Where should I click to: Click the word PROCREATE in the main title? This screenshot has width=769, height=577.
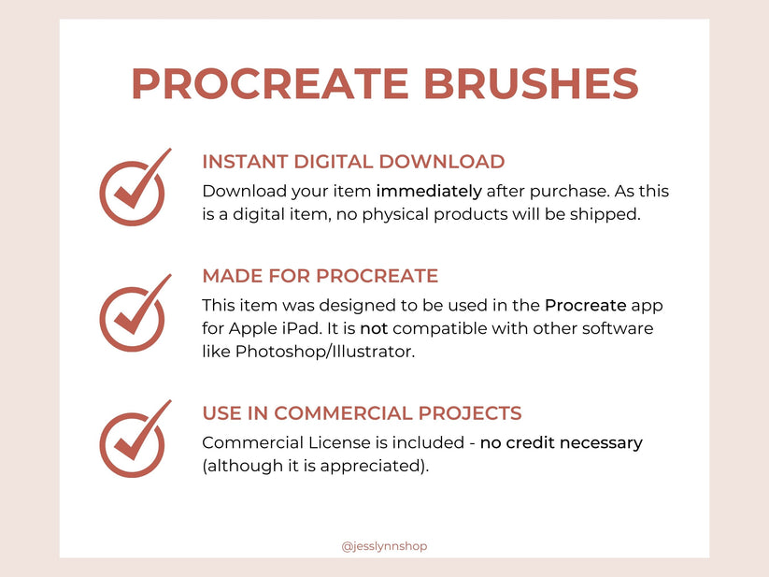pos(270,83)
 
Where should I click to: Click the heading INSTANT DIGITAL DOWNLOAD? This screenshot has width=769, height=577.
pos(353,162)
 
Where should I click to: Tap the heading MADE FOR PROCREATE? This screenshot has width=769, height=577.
pos(320,276)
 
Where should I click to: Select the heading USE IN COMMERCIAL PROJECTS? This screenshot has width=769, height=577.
pos(362,413)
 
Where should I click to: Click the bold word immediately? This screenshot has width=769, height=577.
pos(429,192)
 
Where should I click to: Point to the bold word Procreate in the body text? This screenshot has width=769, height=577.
pos(587,306)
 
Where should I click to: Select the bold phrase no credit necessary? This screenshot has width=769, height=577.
pos(561,442)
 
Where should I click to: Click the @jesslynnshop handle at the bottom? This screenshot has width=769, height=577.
pos(384,546)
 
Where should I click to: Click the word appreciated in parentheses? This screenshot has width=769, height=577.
pos(377,466)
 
